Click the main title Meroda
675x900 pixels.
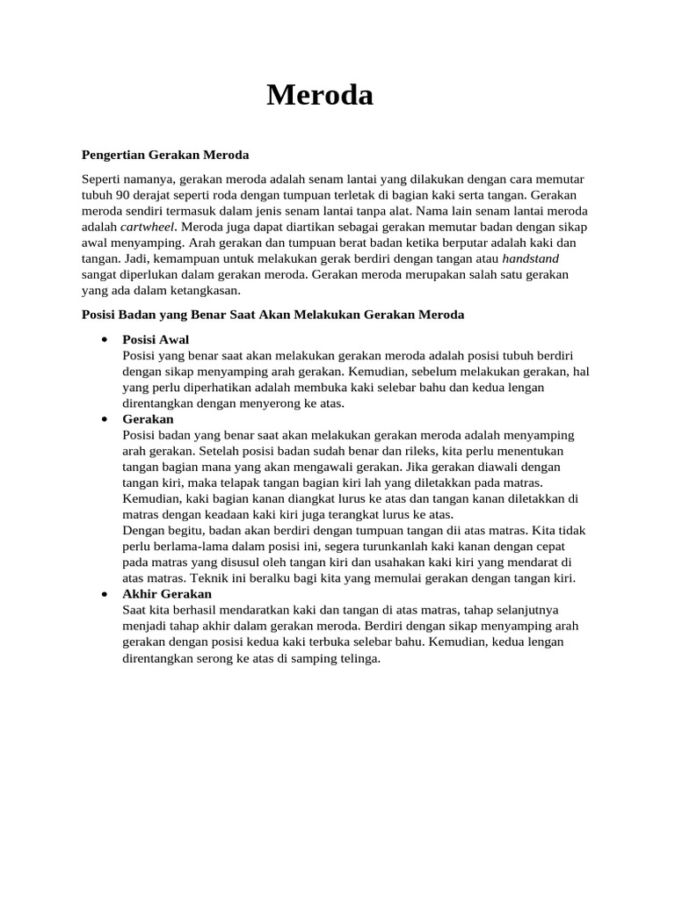(320, 95)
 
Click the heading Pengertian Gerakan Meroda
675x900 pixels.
(165, 155)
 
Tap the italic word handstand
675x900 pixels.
(530, 258)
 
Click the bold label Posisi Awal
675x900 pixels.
(156, 339)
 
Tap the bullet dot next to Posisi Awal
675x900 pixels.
(105, 339)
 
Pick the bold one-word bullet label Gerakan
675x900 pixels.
(148, 419)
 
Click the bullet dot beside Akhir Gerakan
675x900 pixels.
(105, 594)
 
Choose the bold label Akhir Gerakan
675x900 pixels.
(167, 594)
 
